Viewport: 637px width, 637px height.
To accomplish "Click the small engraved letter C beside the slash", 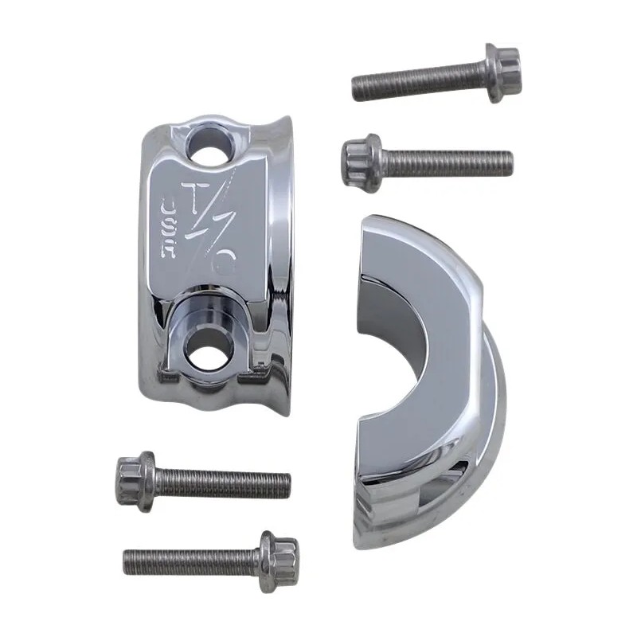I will (226, 264).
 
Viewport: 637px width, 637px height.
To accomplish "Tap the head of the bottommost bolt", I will (278, 553).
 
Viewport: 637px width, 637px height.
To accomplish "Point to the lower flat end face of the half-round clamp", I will (390, 478).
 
